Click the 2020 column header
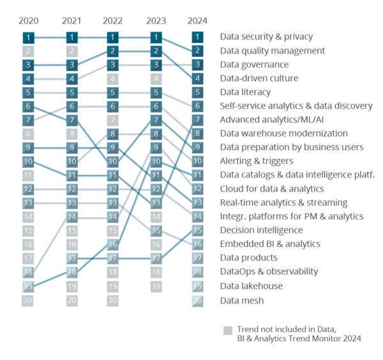point(28,21)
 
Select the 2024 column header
point(198,21)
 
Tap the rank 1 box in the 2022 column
point(113,37)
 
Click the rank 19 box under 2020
point(28,286)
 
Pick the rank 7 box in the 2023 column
point(156,120)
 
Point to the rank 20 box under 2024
point(198,300)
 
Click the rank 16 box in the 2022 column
point(113,244)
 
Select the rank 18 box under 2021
point(71,272)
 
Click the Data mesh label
point(241,300)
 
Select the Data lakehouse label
point(251,286)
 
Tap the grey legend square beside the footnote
point(227,330)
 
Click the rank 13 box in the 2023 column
point(156,203)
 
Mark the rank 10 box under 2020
point(28,161)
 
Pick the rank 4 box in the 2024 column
point(198,79)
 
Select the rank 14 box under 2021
point(71,217)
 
